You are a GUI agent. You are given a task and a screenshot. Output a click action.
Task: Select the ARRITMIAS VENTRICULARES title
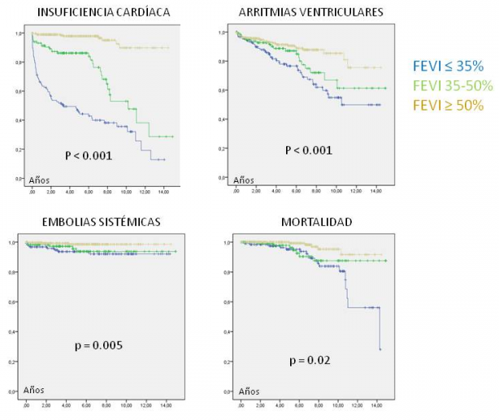pos(311,12)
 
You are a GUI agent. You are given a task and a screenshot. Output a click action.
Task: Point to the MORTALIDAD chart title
pos(310,221)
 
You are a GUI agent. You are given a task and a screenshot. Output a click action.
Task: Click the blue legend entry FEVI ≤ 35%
pos(448,66)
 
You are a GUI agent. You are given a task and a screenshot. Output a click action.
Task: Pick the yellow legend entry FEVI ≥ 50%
pos(448,105)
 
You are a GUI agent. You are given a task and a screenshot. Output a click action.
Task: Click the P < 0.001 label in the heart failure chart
pos(89,154)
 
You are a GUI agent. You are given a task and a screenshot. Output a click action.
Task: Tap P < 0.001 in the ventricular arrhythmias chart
pos(308,150)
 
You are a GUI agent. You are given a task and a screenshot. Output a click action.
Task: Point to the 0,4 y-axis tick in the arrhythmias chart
pos(223,119)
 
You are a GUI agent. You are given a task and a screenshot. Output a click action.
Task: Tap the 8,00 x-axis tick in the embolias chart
pos(105,404)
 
